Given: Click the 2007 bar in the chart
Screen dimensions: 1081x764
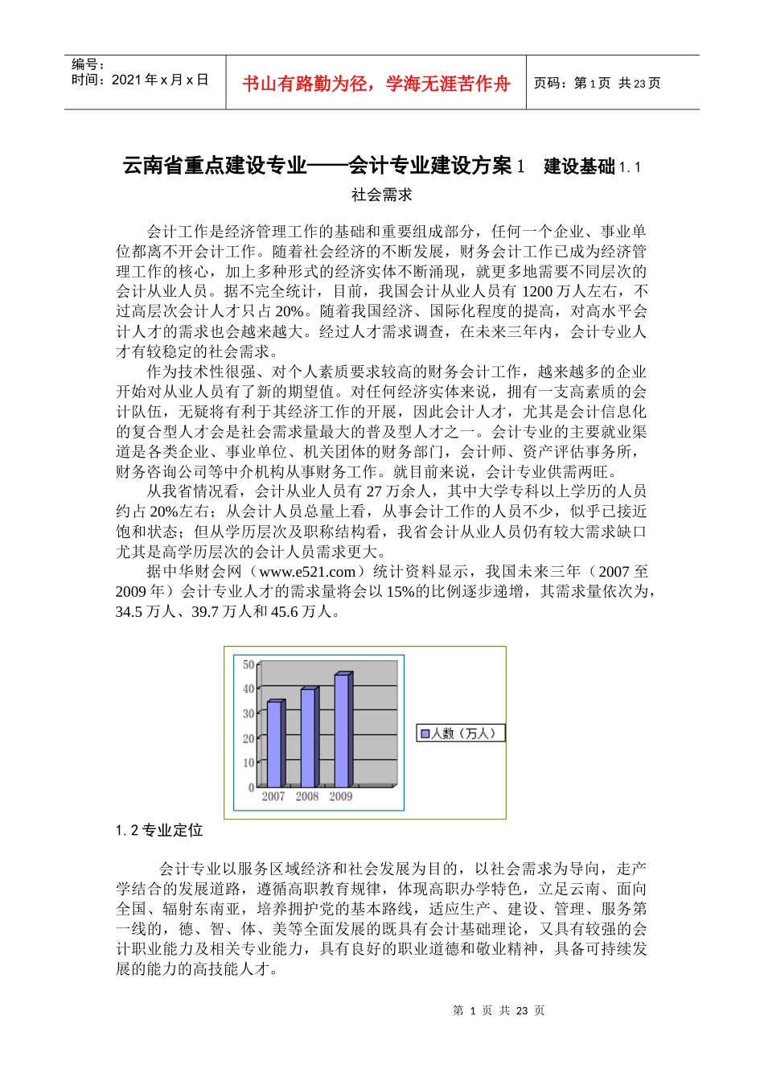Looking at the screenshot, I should (275, 744).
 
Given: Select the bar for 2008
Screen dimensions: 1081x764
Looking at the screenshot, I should (309, 738).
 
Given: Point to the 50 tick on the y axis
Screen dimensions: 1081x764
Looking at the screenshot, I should (249, 664).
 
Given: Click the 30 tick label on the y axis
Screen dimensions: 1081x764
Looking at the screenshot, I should (249, 713).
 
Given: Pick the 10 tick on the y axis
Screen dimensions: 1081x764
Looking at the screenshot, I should (249, 762).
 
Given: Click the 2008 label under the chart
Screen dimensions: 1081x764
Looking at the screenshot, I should (307, 796).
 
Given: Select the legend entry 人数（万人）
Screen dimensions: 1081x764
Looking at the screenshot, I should (460, 734).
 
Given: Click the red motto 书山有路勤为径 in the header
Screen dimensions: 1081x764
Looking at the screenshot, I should (376, 84).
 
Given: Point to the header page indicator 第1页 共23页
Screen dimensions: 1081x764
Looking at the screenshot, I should (598, 83).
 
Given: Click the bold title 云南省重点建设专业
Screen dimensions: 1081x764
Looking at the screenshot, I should (215, 166).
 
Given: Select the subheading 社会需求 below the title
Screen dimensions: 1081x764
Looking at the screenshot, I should (382, 195).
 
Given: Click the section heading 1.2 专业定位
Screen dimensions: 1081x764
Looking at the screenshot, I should (159, 830).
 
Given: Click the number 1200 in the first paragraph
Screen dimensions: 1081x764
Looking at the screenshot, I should (538, 291).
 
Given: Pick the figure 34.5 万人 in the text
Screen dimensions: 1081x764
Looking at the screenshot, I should (146, 611).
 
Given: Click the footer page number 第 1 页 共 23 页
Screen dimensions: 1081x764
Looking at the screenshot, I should (499, 1010).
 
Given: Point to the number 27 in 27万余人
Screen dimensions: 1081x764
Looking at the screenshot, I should (374, 491).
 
